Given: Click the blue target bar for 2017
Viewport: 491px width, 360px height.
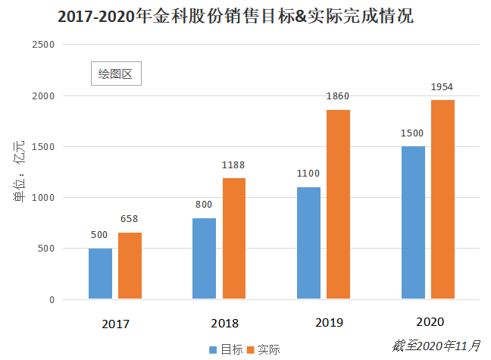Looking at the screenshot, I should click(100, 274).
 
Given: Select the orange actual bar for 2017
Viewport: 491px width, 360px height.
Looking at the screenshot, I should click(130, 265).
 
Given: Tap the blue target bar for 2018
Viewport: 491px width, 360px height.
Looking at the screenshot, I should click(205, 258).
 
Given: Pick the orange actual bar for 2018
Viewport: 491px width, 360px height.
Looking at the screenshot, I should click(234, 238).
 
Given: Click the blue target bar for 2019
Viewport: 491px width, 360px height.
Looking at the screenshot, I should click(309, 243).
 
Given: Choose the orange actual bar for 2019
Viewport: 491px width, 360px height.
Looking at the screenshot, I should click(338, 204).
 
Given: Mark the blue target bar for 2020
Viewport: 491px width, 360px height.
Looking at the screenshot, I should click(413, 222).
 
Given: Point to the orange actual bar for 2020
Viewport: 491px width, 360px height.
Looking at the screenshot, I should click(443, 199).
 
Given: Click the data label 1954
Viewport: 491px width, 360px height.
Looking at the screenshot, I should click(442, 87).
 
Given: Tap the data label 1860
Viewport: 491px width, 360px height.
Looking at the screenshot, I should click(338, 97).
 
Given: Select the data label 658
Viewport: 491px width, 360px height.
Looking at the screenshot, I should click(130, 220).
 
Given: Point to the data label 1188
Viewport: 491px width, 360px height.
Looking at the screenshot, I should click(233, 165).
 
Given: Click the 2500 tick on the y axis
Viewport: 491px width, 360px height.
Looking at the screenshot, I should click(44, 45).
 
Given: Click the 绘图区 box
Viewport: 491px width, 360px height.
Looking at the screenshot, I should click(116, 74).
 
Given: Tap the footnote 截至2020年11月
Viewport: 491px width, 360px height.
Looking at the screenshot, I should click(436, 346).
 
